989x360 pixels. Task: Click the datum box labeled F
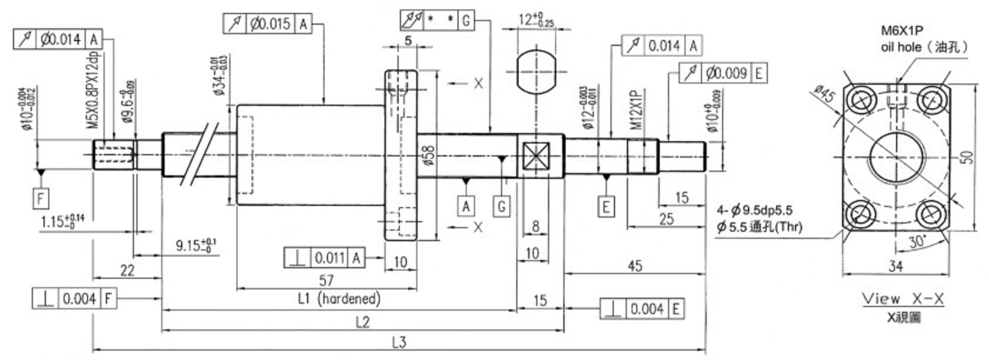tap(40, 198)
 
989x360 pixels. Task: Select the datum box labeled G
tap(501, 206)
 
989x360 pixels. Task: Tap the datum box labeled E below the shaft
tap(606, 206)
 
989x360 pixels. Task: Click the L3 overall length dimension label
tap(399, 342)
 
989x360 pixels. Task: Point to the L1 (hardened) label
tap(338, 299)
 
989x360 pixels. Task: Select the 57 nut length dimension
tap(326, 281)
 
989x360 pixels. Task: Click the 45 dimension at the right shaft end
tap(634, 266)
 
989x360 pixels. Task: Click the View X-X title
tap(903, 299)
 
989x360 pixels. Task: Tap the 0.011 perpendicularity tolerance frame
tap(325, 258)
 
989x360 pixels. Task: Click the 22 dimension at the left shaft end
tap(127, 271)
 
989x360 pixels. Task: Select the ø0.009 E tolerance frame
tap(723, 74)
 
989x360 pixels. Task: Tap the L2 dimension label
tap(362, 322)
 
